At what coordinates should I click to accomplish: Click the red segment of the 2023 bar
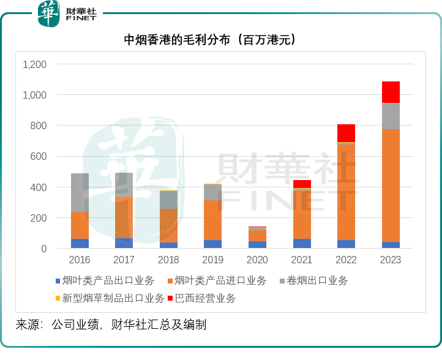pyautogui.click(x=391, y=92)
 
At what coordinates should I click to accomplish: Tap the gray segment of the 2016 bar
pyautogui.click(x=80, y=192)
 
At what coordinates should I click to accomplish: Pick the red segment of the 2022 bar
pyautogui.click(x=346, y=133)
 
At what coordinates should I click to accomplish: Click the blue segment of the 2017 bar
pyautogui.click(x=124, y=243)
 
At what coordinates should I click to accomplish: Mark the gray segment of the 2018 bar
pyautogui.click(x=168, y=200)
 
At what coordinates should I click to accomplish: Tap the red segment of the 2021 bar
pyautogui.click(x=302, y=184)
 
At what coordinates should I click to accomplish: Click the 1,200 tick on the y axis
pyautogui.click(x=34, y=64)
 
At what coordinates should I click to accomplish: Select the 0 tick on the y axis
pyautogui.click(x=43, y=249)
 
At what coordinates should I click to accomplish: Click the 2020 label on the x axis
pyautogui.click(x=257, y=260)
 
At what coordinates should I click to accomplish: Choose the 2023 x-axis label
pyautogui.click(x=391, y=260)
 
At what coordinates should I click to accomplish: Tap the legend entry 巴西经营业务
pyautogui.click(x=205, y=299)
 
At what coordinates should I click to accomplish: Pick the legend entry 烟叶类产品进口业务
pyautogui.click(x=220, y=281)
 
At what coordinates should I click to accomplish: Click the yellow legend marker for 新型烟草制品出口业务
pyautogui.click(x=58, y=299)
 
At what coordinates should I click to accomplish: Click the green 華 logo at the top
pyautogui.click(x=49, y=13)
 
